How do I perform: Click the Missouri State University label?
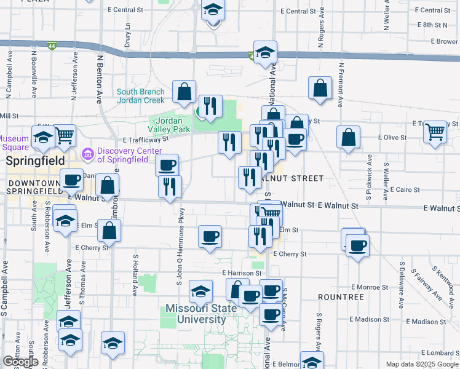coord(201,314)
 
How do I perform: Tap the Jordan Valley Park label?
coord(169,125)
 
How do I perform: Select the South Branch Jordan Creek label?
coord(141,96)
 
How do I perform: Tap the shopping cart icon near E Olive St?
coord(435,131)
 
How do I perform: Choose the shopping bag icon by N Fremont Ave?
coord(320,89)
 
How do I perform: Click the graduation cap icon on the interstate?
coord(265,53)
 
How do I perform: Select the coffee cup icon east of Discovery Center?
coord(167,165)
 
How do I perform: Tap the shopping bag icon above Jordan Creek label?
coord(184,92)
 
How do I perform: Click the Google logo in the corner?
coord(20,362)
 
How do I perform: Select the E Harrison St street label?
coord(242,272)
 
